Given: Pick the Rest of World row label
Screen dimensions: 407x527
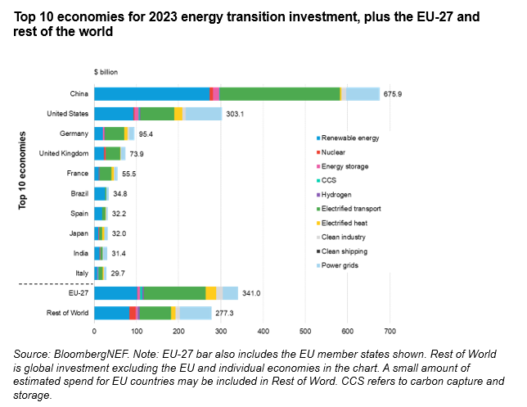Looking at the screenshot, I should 67,312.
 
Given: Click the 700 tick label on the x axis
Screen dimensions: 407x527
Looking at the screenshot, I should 390,332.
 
